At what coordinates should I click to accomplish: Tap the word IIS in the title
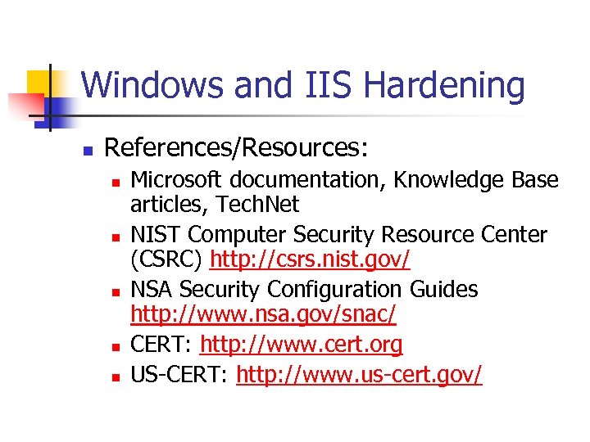(314, 85)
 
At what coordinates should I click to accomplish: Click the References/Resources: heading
(237, 147)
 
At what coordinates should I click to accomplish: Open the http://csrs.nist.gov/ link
(310, 260)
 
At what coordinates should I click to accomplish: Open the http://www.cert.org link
(302, 345)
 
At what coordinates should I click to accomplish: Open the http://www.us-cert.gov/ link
(360, 374)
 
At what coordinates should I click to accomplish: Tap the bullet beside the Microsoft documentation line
(116, 181)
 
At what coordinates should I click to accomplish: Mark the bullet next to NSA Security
(116, 291)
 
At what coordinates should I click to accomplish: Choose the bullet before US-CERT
(116, 377)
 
